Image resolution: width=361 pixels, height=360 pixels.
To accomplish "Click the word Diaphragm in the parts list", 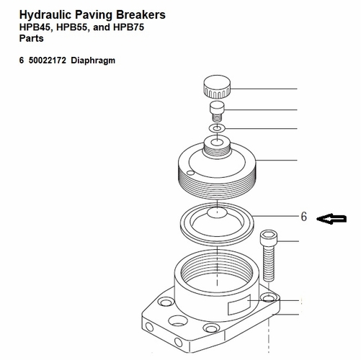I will click(94, 60).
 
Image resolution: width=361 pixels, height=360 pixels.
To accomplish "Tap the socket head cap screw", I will click(268, 256).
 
